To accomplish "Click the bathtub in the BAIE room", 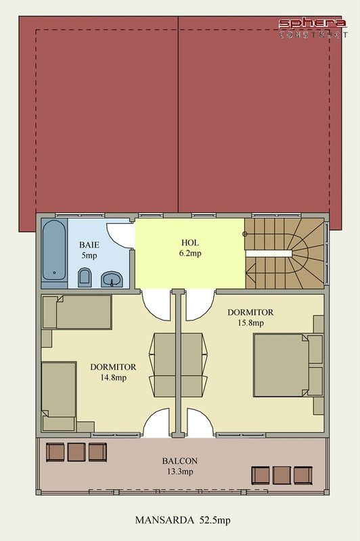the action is pyautogui.click(x=54, y=250).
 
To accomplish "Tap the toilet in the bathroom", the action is pyautogui.click(x=85, y=277).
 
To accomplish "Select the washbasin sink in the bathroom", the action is pyautogui.click(x=112, y=279).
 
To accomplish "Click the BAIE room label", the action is pyautogui.click(x=89, y=245).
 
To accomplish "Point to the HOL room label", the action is pyautogui.click(x=190, y=243).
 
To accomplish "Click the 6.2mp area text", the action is pyautogui.click(x=190, y=254).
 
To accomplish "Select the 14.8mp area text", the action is pyautogui.click(x=113, y=378).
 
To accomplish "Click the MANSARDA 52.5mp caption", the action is pyautogui.click(x=183, y=520).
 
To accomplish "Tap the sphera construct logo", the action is pyautogui.click(x=313, y=28).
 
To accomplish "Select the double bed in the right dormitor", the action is pyautogui.click(x=288, y=365).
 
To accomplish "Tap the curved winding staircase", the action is pyautogui.click(x=285, y=253).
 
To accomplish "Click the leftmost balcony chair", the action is pyautogui.click(x=55, y=452).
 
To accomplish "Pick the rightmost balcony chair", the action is pyautogui.click(x=303, y=475).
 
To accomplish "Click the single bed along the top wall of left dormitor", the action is pyautogui.click(x=76, y=312).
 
